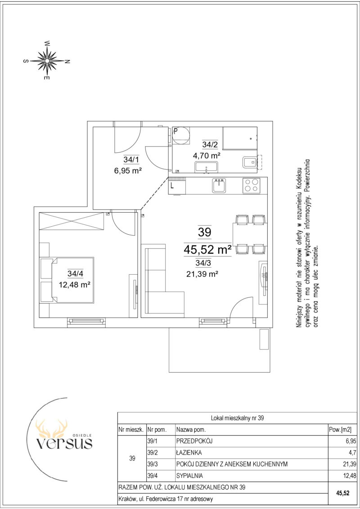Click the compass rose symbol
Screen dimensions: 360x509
[x=47, y=60]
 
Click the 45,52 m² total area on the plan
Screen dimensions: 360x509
[x=207, y=250]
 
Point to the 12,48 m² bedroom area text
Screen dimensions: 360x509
[x=74, y=285]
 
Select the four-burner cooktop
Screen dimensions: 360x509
[x=251, y=186]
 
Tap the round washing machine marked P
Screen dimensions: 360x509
[x=181, y=136]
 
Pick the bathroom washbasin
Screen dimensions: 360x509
[x=207, y=168]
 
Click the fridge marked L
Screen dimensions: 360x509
[x=177, y=186]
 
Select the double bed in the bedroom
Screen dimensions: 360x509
[x=67, y=280]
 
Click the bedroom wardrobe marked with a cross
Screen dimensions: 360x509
[x=72, y=221]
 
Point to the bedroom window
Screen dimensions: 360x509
[x=86, y=321]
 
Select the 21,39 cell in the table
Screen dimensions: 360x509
[x=345, y=464]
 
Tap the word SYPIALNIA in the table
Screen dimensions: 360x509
[x=190, y=476]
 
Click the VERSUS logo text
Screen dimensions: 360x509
[x=64, y=443]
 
